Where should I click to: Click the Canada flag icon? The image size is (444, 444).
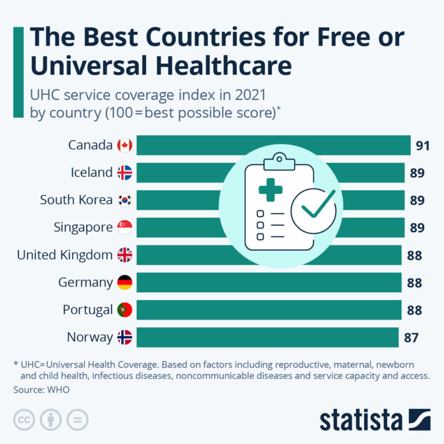pos(124,145)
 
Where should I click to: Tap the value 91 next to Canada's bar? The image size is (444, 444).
pos(422,146)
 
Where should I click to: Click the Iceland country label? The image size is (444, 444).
pos(92,173)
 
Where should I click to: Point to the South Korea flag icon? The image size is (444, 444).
pos(124,200)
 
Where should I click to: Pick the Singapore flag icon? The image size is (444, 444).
pos(124,228)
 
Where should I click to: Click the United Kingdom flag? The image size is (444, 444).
pos(124,255)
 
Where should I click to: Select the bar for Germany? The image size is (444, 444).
pos(269,283)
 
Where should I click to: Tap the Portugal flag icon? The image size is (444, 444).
pos(124,310)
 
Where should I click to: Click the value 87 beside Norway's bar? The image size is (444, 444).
pos(411,337)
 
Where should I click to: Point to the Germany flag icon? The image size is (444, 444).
pos(124,283)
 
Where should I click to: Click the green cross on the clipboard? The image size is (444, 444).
pos(270,189)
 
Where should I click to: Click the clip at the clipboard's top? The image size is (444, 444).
pos(279,158)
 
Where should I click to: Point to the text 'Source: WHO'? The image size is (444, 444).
pos(41,389)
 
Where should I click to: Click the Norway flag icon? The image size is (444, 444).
pos(124,337)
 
